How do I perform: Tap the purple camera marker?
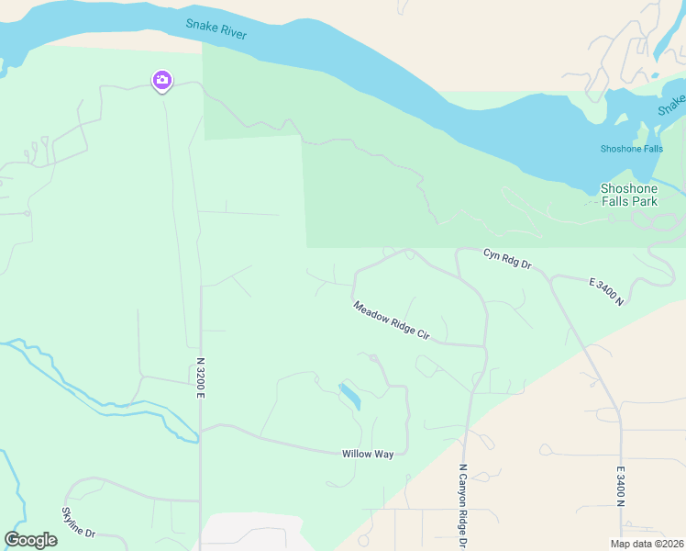[162, 81]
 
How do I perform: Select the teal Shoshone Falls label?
[631, 149]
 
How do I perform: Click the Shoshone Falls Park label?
[629, 195]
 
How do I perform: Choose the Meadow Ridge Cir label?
[392, 320]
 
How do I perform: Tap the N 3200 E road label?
[200, 377]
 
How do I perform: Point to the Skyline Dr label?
[78, 522]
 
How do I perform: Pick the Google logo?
[30, 540]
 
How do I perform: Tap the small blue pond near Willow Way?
[349, 396]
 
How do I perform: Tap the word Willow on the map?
[358, 454]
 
